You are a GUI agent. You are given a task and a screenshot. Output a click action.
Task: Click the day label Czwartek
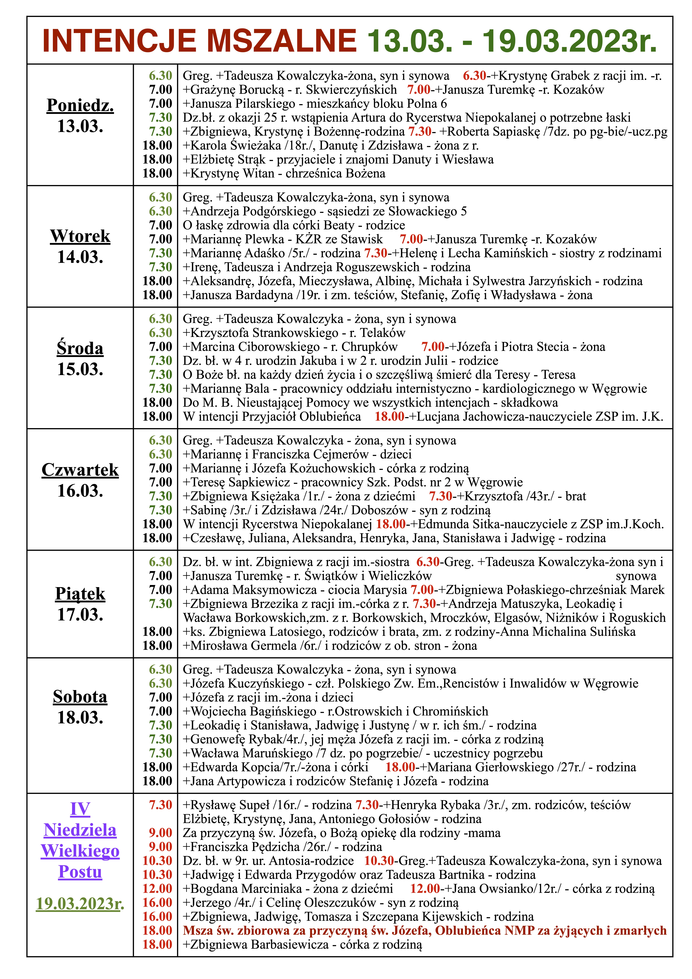80,470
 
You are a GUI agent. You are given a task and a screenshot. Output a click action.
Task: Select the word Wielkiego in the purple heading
80,851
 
